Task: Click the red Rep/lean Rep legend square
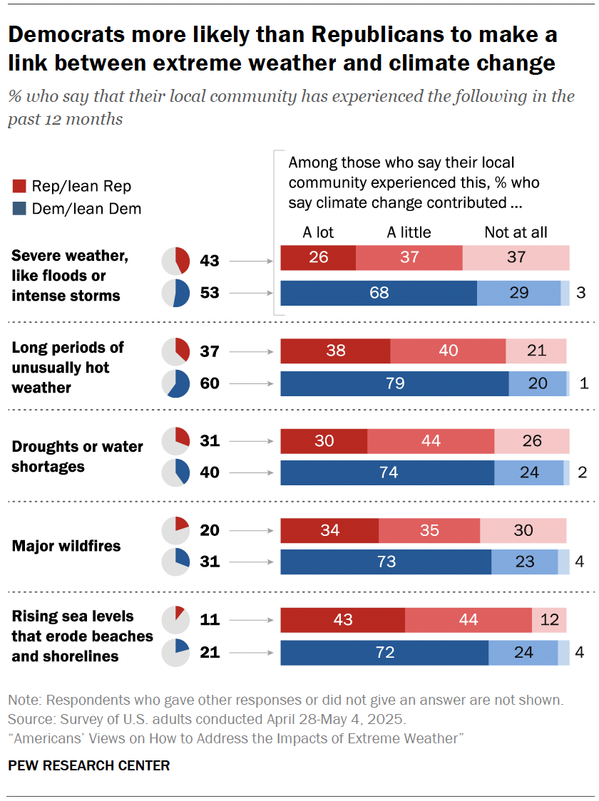pos(19,187)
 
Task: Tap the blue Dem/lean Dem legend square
pos(19,209)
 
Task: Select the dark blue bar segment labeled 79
pos(394,383)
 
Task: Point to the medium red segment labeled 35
pos(429,530)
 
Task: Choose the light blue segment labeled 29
pos(518,293)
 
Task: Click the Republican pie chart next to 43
pos(176,261)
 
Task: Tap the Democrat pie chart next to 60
pos(176,383)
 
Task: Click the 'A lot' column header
pos(318,232)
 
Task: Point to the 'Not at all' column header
pos(516,232)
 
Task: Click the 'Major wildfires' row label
pos(66,547)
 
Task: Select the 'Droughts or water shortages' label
pos(77,457)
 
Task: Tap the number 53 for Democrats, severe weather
pos(210,293)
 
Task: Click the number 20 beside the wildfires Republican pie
pos(210,530)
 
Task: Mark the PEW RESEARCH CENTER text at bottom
pos(89,766)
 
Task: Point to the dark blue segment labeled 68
pos(378,293)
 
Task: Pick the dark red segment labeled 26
pos(318,257)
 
